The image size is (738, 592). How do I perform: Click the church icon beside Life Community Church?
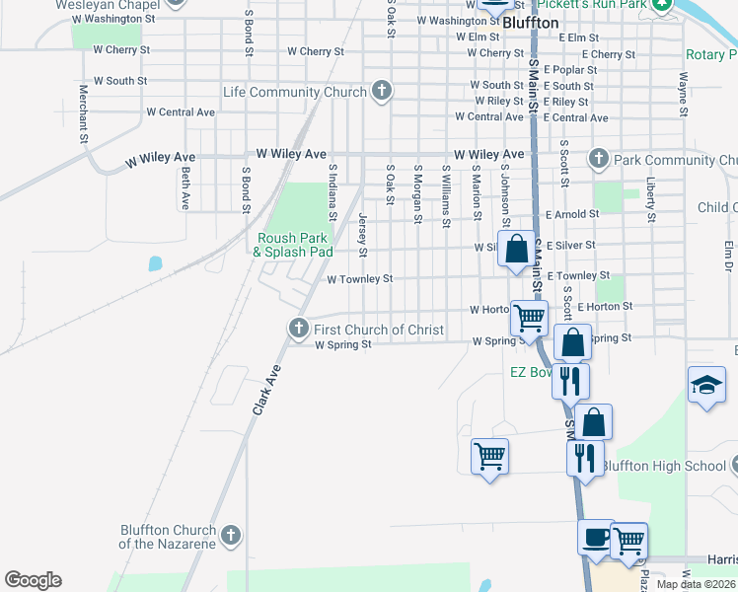[x=382, y=92]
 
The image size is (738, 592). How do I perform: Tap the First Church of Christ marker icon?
[x=299, y=328]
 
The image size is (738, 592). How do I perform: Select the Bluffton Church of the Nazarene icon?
[x=231, y=536]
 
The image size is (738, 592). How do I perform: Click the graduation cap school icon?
[x=706, y=385]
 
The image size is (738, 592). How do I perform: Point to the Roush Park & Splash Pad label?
[x=293, y=245]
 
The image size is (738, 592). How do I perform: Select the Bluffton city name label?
[x=531, y=22]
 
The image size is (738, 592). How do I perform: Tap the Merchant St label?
[x=84, y=115]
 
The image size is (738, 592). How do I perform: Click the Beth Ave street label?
[x=184, y=187]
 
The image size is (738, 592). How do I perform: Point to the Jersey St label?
[x=362, y=235]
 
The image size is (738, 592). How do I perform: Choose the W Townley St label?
[x=359, y=279]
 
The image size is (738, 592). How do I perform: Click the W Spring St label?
[x=342, y=344]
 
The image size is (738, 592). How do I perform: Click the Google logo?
[x=33, y=580]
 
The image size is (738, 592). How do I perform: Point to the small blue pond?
[x=155, y=263]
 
